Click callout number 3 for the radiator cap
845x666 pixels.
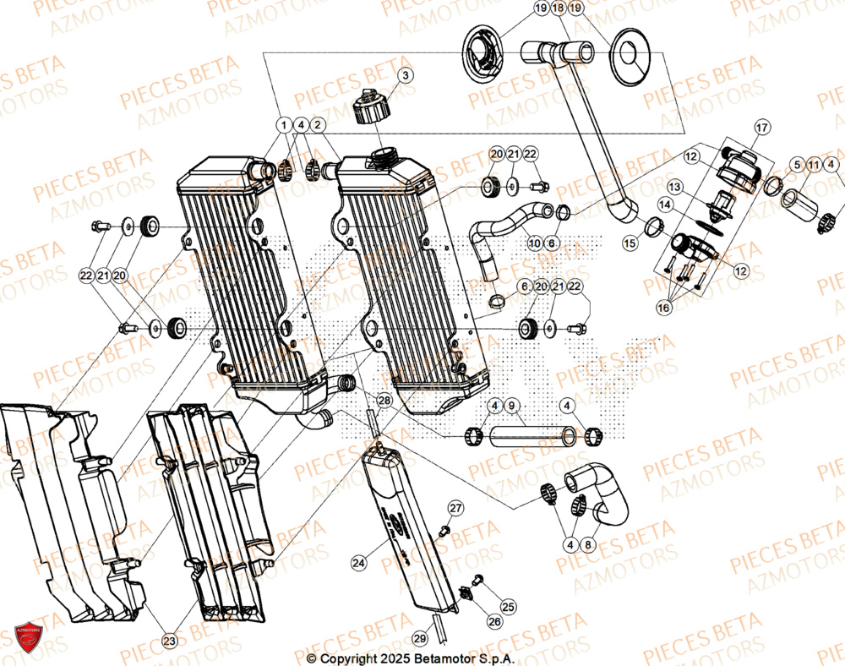[405, 76]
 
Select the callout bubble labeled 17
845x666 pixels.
[760, 128]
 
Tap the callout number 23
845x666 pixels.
[170, 641]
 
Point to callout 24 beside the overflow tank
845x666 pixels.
[358, 561]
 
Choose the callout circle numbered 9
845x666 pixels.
[511, 407]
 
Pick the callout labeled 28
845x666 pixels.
[384, 400]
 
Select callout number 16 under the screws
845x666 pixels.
[664, 308]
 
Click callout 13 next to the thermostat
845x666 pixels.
[674, 186]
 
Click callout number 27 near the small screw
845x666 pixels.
[455, 508]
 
